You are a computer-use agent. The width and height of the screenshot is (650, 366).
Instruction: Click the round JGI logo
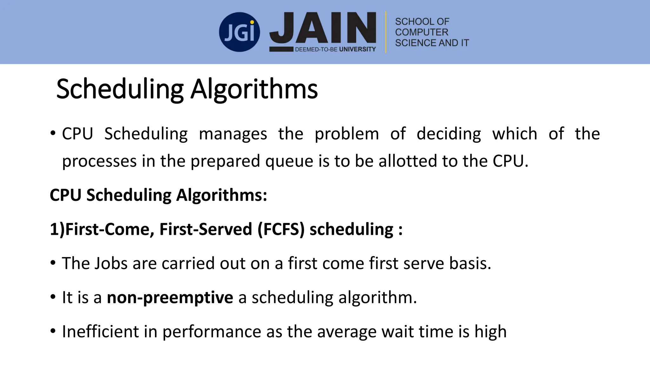239,32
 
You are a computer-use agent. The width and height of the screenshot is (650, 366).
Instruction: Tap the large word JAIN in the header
322,28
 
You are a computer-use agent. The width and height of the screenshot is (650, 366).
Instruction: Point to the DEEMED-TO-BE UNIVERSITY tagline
335,49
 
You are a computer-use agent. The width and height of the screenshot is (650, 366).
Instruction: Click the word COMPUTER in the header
421,32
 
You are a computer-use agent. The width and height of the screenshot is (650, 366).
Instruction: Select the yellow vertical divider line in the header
386,32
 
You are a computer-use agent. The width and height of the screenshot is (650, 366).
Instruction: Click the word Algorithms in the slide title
254,89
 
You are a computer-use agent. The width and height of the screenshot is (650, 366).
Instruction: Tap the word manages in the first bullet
233,134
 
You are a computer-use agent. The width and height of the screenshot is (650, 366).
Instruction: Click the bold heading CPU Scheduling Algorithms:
158,195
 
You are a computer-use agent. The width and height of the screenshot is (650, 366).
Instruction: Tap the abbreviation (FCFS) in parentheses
281,229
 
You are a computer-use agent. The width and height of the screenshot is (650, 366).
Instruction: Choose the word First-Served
206,229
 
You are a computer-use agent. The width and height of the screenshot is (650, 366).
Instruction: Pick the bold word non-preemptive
170,298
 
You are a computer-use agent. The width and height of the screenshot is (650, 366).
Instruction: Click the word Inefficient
100,332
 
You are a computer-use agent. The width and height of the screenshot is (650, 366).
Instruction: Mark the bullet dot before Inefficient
53,331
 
